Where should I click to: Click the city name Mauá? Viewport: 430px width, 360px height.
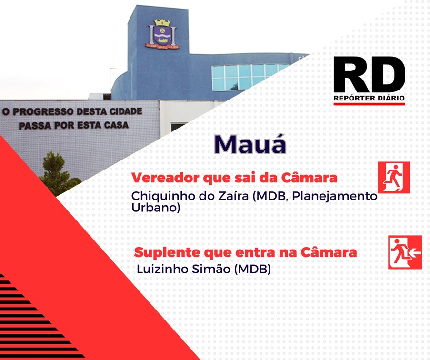(x=250, y=144)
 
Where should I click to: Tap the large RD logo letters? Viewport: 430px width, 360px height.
(x=369, y=75)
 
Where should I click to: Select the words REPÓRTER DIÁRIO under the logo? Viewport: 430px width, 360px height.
(x=369, y=98)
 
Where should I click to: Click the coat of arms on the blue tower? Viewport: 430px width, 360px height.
(x=162, y=34)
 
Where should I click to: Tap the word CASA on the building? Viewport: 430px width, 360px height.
(x=116, y=125)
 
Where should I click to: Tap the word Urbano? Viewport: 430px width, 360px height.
(x=155, y=208)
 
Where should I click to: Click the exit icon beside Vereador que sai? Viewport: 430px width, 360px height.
(x=394, y=178)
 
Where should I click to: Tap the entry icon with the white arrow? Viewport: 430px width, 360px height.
(x=405, y=252)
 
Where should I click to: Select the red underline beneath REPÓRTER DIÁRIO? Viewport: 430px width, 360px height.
(x=369, y=104)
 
